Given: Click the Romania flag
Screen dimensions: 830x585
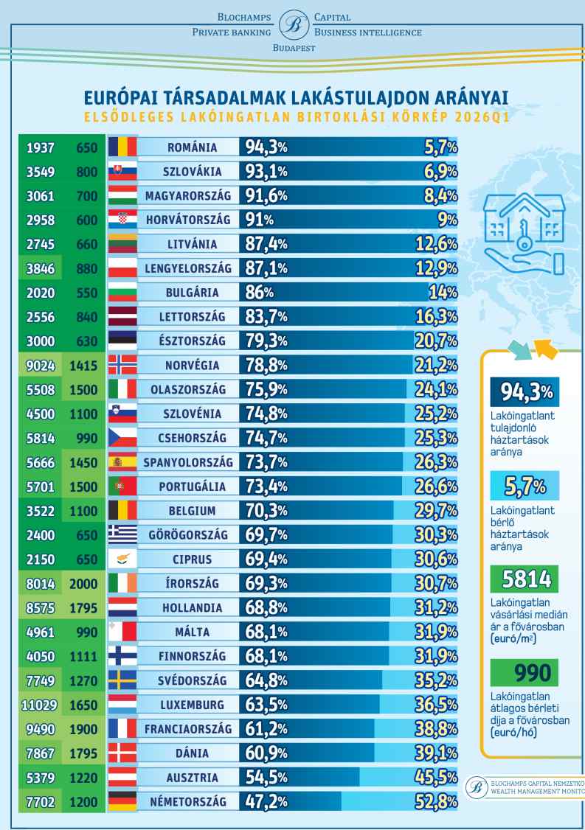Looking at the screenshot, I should click(x=122, y=147).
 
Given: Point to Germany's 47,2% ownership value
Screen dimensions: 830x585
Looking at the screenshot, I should click(x=266, y=801).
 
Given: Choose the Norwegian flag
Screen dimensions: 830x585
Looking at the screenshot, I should click(x=122, y=363).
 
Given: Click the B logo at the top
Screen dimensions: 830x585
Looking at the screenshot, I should click(x=292, y=24).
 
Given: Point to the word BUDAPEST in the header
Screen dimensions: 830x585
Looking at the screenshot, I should click(x=292, y=49).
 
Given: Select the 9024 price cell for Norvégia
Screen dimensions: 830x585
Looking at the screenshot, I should click(x=38, y=363).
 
